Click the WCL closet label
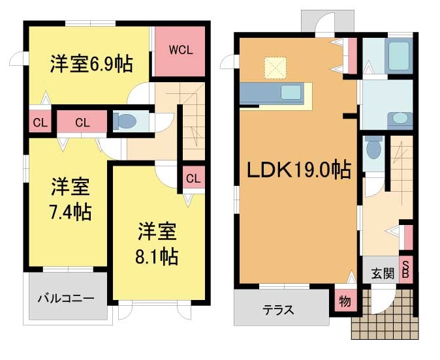pos(181,50)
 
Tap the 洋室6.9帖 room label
pos(91,64)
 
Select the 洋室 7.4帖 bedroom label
pos(71,200)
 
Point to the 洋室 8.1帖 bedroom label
pos(157,243)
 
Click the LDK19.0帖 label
pos(299,170)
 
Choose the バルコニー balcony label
pos(66,298)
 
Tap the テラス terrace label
pos(278,310)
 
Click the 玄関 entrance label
pos(383,273)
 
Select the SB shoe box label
pos(405,269)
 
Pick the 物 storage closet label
pos(345,302)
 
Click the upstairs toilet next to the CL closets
pos(125,121)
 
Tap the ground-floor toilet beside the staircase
pos(374,147)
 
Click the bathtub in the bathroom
pos(398,56)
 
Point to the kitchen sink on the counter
pos(291,92)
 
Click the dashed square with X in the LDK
pos(275,68)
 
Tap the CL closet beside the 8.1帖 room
pos(193,178)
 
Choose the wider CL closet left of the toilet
pos(82,122)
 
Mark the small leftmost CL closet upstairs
pos(40,123)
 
